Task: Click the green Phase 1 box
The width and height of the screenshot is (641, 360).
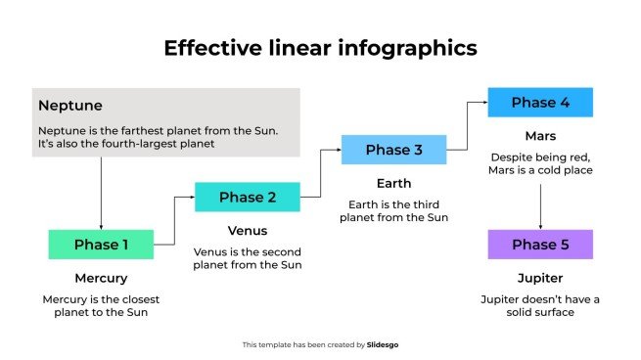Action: (101, 245)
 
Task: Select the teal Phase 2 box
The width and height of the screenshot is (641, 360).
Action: (247, 198)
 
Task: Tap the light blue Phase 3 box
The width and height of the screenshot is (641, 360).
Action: (393, 150)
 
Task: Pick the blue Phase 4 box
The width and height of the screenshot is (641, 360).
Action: (540, 103)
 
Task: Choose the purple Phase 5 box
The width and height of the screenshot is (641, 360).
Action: (540, 245)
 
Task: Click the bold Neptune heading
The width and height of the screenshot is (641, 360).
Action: (69, 105)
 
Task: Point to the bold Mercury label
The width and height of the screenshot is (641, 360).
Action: (101, 279)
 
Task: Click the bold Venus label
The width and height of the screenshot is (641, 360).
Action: (247, 231)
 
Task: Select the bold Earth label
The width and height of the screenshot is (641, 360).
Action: (393, 183)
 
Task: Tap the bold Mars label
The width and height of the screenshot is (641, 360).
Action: (540, 136)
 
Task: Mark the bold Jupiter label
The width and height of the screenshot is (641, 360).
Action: (540, 279)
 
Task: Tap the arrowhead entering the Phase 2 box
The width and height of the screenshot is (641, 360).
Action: (190, 198)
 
